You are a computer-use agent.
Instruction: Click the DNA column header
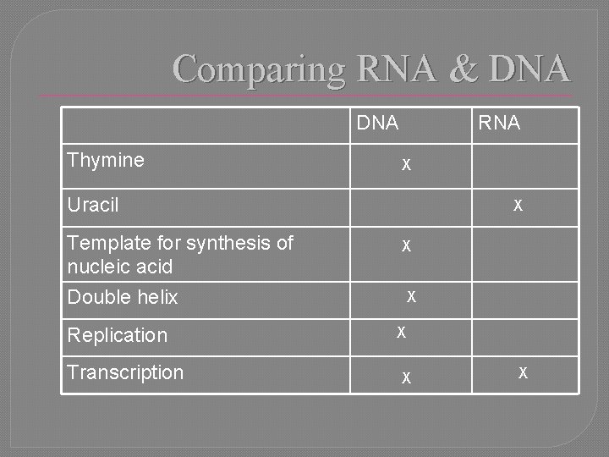377,124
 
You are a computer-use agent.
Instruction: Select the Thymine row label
106,160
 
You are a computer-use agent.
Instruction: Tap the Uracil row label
93,205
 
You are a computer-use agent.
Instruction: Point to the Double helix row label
123,297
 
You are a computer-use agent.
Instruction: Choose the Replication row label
118,335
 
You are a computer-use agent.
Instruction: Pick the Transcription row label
125,372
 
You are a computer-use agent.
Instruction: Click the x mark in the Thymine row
407,163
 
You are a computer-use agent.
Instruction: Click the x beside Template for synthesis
407,246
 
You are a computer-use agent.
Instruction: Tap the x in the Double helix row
411,296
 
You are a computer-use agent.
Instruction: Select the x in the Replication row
402,332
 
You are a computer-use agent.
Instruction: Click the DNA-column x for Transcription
407,378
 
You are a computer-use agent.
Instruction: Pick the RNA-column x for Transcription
524,372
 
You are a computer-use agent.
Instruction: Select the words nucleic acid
119,267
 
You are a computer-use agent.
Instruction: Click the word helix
156,297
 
